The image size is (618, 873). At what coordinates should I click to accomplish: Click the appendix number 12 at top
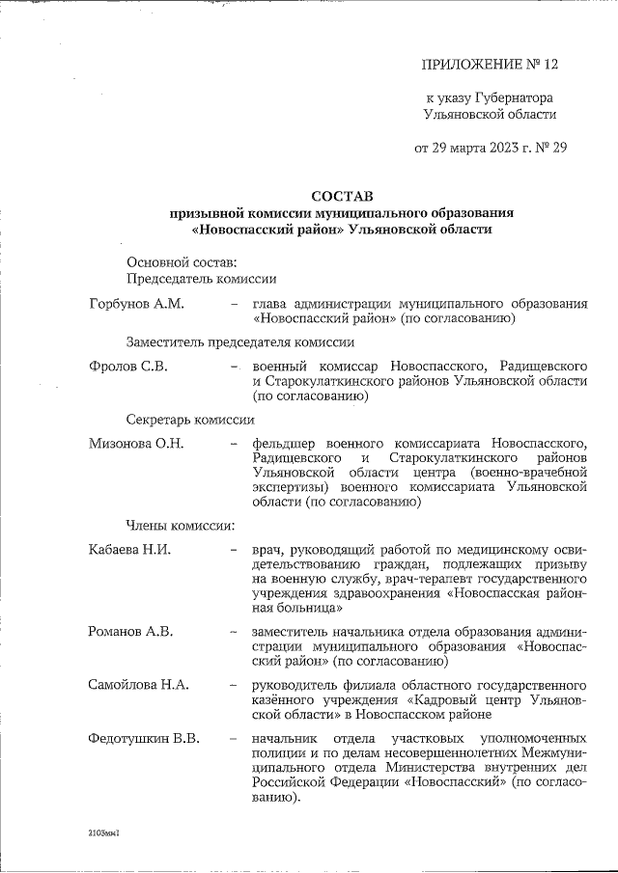549,64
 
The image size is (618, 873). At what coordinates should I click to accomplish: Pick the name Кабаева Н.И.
128,550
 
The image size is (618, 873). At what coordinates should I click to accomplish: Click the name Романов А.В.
129,632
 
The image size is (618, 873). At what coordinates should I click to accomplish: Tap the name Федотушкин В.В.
143,740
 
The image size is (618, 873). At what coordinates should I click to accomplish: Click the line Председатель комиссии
201,279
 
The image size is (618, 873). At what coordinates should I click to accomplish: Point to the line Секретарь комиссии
190,420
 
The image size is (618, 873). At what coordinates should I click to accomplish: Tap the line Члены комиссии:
181,526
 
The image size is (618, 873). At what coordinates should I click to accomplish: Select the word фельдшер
286,444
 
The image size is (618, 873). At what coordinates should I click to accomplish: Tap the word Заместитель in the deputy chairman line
168,341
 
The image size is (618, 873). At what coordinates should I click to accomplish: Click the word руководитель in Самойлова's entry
297,686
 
